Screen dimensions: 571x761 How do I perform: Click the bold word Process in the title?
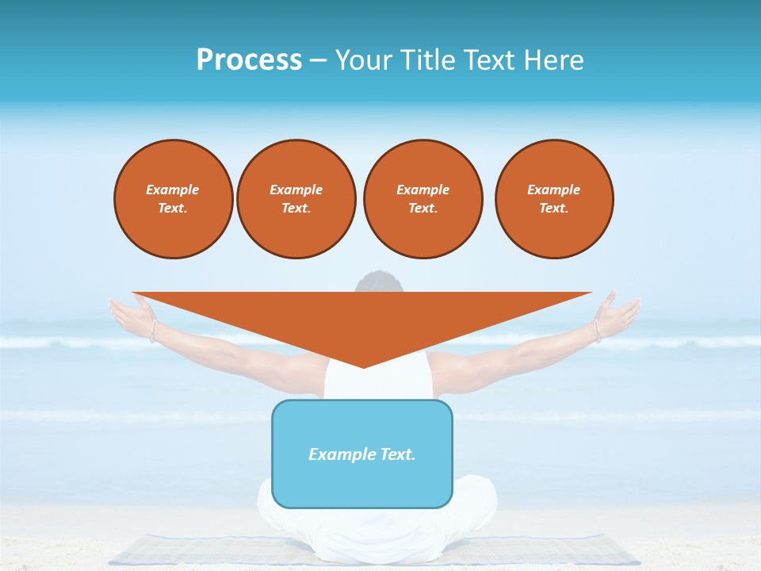click(249, 60)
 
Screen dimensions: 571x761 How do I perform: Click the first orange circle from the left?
click(173, 199)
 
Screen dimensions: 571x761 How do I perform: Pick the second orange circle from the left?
click(296, 199)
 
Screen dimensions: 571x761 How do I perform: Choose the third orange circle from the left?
click(423, 199)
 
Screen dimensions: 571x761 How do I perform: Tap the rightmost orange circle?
click(554, 199)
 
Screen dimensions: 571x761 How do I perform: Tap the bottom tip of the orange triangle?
click(363, 366)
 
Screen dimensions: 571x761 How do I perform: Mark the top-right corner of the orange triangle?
click(591, 293)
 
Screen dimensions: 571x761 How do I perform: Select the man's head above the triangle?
click(379, 282)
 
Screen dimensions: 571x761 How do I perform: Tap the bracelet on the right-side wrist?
click(595, 330)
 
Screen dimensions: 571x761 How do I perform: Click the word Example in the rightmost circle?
click(554, 190)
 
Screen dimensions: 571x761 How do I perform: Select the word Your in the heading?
click(361, 60)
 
